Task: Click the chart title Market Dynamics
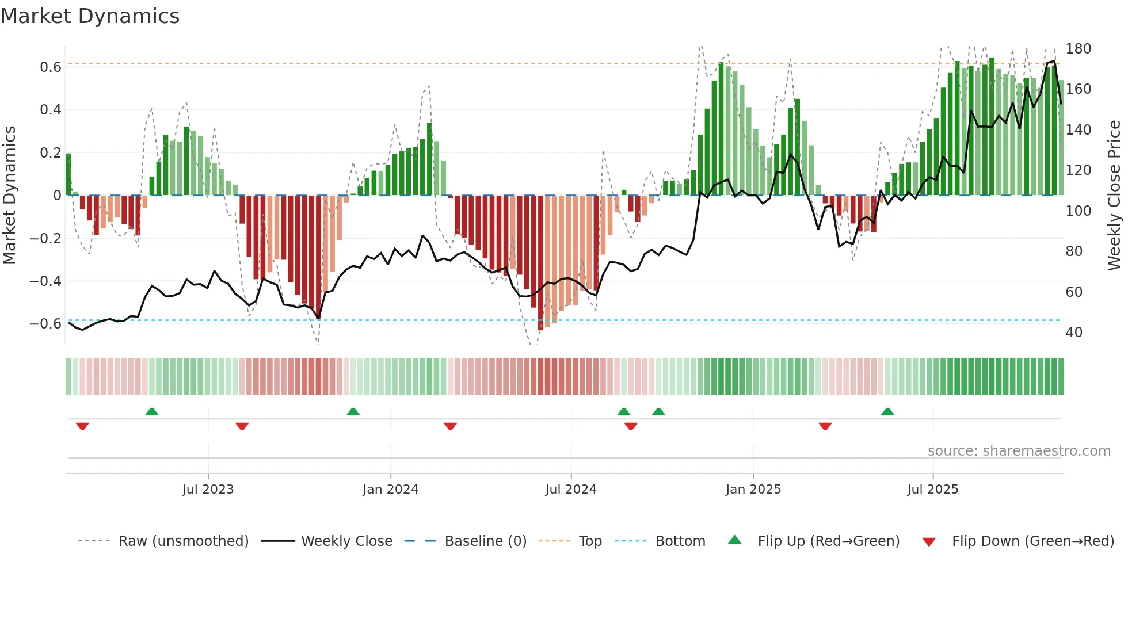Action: (x=90, y=16)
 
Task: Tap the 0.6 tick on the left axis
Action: (x=51, y=67)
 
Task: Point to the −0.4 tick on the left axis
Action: (x=45, y=281)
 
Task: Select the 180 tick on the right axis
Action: (x=1078, y=49)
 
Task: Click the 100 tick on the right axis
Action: (x=1078, y=211)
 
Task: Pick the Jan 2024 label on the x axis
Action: (x=390, y=490)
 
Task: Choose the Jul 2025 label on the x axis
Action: (x=932, y=490)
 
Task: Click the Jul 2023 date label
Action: (x=208, y=490)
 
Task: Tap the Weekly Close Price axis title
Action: (x=1114, y=196)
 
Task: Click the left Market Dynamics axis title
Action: (x=9, y=196)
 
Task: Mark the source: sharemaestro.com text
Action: (x=1019, y=451)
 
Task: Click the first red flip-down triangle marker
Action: (x=82, y=426)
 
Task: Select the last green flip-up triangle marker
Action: (x=887, y=411)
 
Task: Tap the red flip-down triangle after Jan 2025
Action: (x=825, y=426)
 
